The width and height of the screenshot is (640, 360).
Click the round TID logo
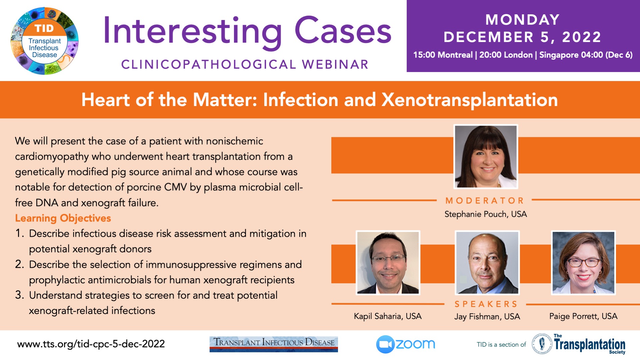point(45,41)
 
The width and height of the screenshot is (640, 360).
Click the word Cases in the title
point(343,31)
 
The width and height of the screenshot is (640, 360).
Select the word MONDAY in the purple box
point(522,20)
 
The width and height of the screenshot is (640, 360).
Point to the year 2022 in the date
point(582,37)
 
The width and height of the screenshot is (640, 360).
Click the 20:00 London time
point(506,55)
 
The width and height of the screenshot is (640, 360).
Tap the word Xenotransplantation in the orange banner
point(470,100)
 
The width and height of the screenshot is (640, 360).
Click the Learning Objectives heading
point(63,218)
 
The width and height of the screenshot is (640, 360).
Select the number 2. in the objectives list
point(20,264)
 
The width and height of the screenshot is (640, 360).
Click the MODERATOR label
point(485,200)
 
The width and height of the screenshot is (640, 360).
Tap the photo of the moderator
point(486,156)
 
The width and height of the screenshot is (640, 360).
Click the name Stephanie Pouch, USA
point(486,214)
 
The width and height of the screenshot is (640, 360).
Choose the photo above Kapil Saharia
point(388,263)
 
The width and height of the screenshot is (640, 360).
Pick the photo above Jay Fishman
point(487,263)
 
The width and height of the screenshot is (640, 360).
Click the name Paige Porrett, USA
point(583,316)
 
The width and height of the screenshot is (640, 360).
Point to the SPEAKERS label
point(486,304)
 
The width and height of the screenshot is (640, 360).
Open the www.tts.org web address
point(91,344)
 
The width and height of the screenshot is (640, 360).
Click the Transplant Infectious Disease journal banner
point(274,344)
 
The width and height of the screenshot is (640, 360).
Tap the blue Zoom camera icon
point(385,344)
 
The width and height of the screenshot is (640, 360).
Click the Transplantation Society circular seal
point(542,344)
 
